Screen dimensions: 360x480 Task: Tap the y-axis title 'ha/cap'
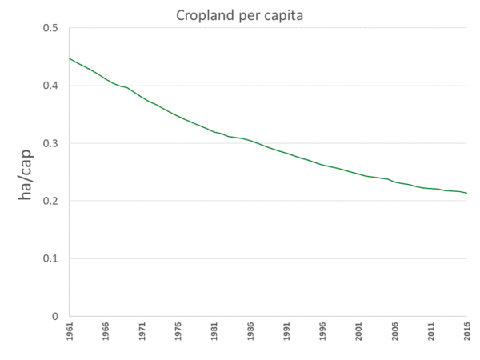(x=26, y=172)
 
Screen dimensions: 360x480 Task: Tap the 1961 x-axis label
(x=70, y=331)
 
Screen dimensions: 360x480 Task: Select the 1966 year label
(x=106, y=331)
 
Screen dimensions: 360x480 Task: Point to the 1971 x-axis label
(x=142, y=331)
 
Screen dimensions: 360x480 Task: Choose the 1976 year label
(x=178, y=331)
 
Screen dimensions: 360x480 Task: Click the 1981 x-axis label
(x=214, y=331)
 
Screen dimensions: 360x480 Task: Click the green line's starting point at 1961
(x=70, y=58)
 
